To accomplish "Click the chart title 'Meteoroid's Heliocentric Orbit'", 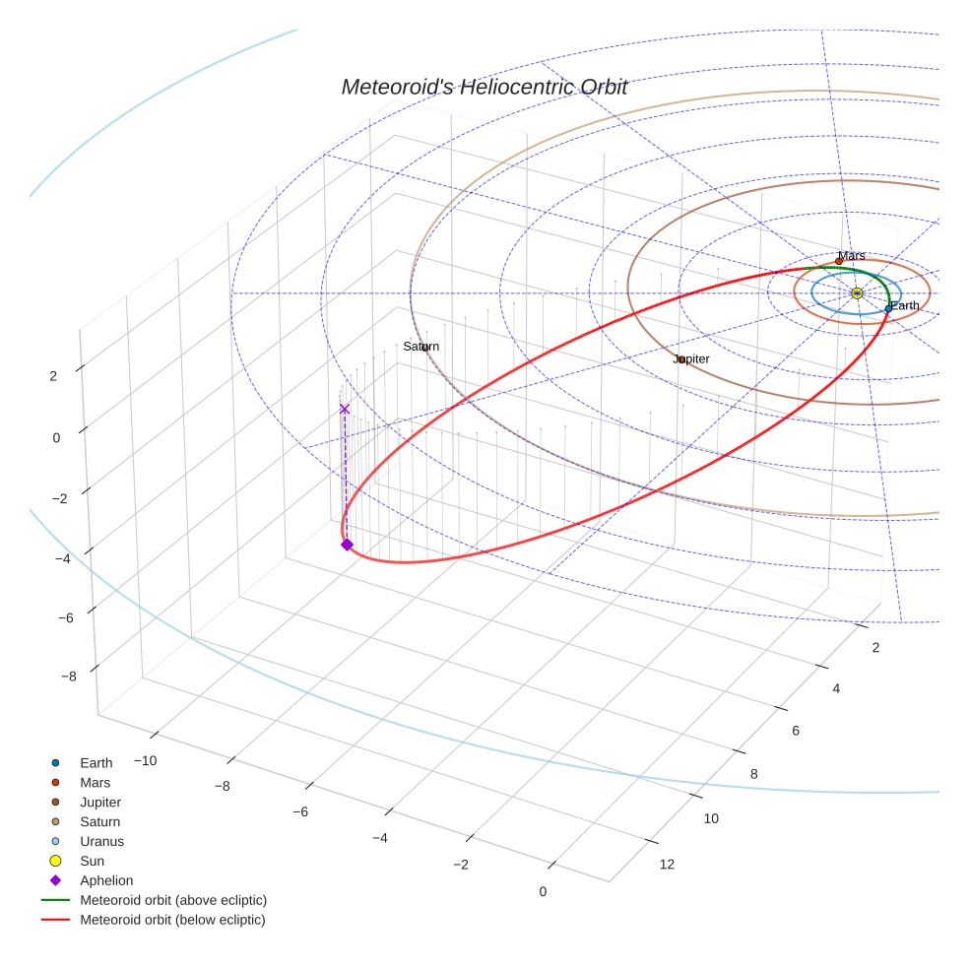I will point(484,88).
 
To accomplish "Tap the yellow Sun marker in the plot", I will point(857,293).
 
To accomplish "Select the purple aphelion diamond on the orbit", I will point(347,545).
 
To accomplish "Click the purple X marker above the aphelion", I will point(344,409).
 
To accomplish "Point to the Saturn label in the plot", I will point(420,347).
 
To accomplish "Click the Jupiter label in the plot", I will point(691,359).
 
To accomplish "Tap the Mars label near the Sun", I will point(852,256).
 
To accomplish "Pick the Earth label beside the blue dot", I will point(905,306).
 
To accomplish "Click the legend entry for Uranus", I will point(101,842).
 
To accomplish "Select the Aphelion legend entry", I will point(106,881).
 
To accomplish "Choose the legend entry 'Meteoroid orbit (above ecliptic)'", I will point(172,901).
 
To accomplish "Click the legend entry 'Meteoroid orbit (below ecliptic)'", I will point(172,921).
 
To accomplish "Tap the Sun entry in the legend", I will point(92,862).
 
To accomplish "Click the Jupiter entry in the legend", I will point(100,803).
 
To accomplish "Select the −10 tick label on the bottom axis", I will point(145,761).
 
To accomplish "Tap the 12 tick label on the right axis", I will point(667,866).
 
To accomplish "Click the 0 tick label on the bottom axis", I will point(543,892).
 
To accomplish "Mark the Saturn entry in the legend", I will point(99,822).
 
